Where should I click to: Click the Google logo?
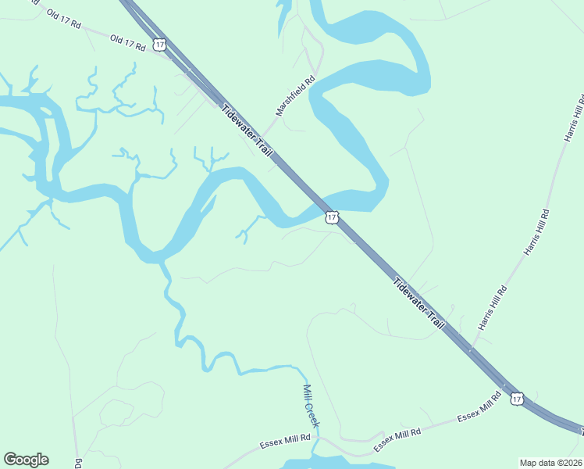pos(26,460)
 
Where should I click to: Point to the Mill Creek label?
pos(312,405)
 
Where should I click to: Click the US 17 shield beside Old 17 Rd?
pos(160,45)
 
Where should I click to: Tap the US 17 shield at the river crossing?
pos(332,217)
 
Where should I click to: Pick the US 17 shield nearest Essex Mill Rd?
pos(517,399)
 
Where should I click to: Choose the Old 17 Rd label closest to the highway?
pos(128,42)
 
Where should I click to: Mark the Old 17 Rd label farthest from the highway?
pos(63,19)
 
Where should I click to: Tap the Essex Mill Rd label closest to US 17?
pos(479,406)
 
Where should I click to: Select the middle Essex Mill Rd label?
pos(397,438)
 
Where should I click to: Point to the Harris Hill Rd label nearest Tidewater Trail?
pos(493,307)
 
